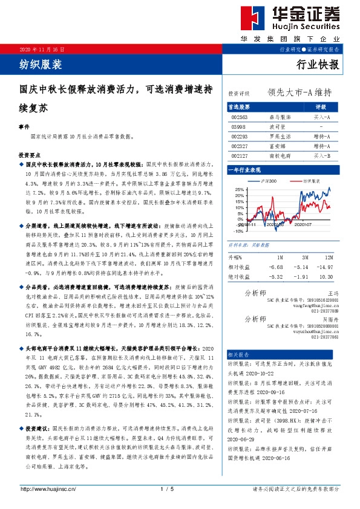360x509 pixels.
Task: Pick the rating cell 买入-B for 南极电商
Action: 321,156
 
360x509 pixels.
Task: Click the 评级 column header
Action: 321,106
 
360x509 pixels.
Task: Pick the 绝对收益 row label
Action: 240,276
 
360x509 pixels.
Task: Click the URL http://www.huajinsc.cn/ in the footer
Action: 48,488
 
